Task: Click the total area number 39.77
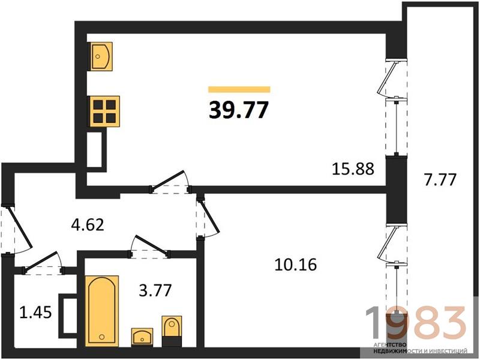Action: [x=239, y=110]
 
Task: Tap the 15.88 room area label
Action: [x=353, y=169]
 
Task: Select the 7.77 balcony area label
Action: [x=440, y=179]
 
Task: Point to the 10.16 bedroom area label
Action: [x=296, y=265]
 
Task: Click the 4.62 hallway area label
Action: [x=88, y=224]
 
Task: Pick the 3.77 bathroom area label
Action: [x=155, y=290]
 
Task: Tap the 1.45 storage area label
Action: [x=35, y=313]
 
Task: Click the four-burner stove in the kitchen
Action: [x=104, y=111]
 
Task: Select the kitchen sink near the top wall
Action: [x=101, y=56]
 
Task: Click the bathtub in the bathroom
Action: [x=102, y=311]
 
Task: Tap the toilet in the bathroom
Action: [x=172, y=332]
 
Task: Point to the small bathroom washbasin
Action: [x=142, y=337]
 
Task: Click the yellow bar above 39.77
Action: [x=239, y=89]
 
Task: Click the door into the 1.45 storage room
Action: [x=43, y=262]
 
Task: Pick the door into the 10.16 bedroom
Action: [x=208, y=218]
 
